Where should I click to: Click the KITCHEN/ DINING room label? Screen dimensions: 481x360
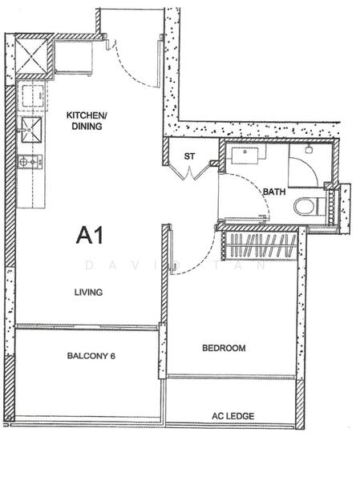[84, 120]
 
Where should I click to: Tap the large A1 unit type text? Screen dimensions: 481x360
[92, 236]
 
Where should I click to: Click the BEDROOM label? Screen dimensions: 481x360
[223, 348]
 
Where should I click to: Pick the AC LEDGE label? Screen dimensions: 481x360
[231, 417]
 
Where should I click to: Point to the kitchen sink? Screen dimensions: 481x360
[32, 127]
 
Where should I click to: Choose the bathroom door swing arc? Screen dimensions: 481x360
[249, 204]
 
